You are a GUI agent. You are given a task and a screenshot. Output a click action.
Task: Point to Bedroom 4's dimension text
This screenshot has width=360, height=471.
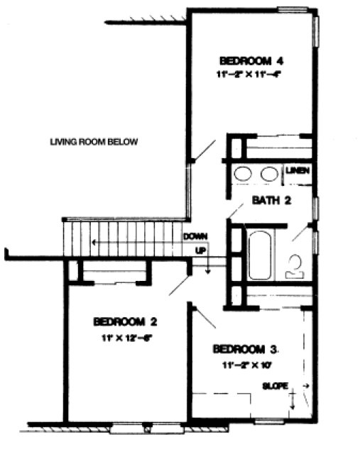[x=252, y=74]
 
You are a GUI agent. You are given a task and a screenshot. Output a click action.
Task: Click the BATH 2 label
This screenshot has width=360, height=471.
[x=272, y=201]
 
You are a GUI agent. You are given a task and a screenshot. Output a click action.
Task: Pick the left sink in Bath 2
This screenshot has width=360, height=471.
[x=244, y=173]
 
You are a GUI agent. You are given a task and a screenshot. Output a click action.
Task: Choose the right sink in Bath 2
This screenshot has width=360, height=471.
[x=268, y=173]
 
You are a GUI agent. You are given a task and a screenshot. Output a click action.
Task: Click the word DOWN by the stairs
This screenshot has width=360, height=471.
[x=194, y=236]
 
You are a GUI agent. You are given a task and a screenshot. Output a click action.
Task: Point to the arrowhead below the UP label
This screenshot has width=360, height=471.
[x=206, y=270]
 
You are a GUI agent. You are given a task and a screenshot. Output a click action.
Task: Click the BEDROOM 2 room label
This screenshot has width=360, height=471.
[x=124, y=321]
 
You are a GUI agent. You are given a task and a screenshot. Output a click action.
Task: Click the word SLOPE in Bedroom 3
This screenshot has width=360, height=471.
[x=276, y=387]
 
